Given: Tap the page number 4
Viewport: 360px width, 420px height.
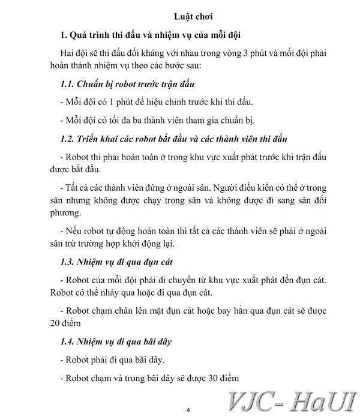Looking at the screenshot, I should (x=188, y=410).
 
